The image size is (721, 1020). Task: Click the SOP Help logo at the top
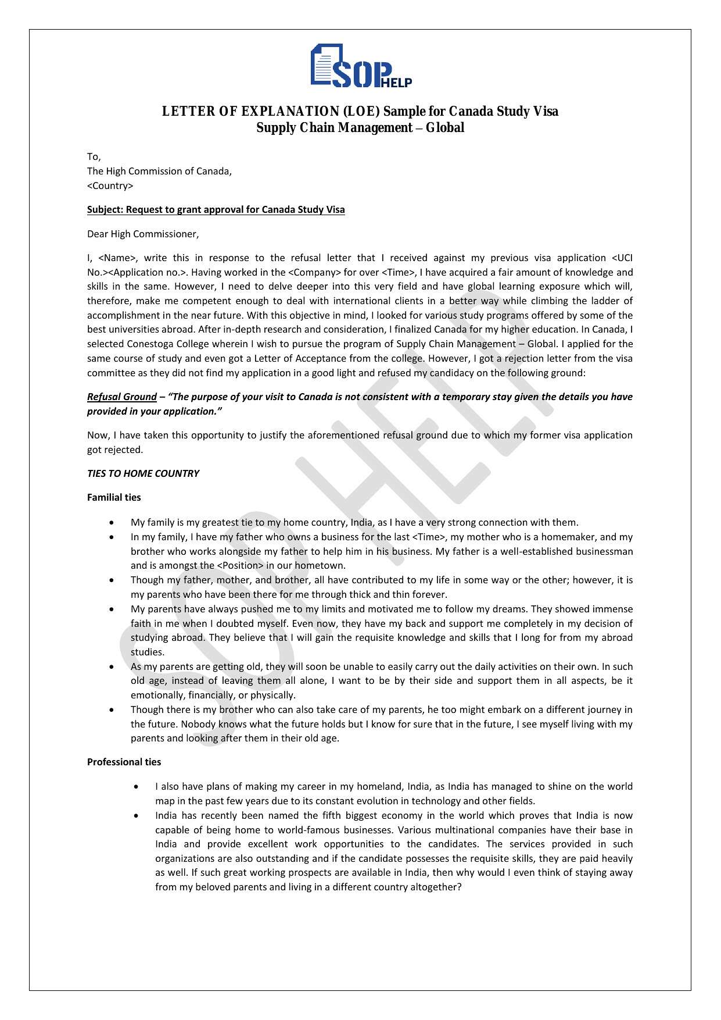(361, 66)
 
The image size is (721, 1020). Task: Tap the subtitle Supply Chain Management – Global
(360, 127)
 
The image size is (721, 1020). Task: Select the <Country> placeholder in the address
(110, 186)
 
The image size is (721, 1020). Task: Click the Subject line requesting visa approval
(216, 209)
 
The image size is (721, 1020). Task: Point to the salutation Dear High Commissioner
(142, 234)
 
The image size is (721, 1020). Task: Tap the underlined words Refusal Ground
(121, 397)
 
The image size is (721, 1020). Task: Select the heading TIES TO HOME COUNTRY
(143, 473)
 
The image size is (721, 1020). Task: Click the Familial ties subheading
(114, 497)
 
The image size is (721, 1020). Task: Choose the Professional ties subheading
(124, 762)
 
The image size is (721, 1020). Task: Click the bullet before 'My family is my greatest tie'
(112, 523)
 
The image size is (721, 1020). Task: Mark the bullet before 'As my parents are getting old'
(112, 667)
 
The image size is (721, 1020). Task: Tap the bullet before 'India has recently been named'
(136, 816)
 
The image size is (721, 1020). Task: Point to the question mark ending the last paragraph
(458, 887)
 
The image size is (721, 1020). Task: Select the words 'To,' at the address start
(94, 157)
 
